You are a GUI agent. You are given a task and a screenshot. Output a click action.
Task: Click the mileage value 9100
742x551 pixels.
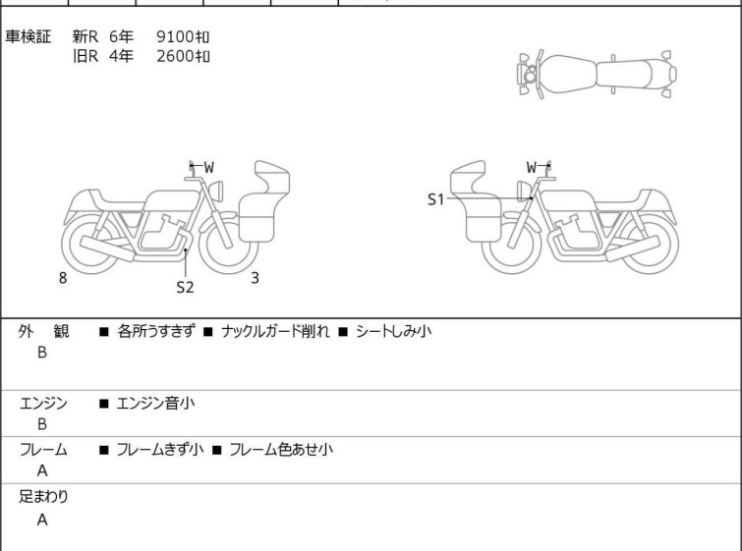click(175, 37)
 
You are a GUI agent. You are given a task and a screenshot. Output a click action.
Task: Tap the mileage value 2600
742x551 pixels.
click(175, 56)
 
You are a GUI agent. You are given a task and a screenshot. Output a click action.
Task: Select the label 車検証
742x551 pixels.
click(28, 37)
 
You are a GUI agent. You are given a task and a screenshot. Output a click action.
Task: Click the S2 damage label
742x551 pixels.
click(185, 287)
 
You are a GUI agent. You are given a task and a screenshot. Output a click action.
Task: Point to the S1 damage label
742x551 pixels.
click(435, 199)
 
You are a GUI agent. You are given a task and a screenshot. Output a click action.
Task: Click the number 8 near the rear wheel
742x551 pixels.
click(63, 278)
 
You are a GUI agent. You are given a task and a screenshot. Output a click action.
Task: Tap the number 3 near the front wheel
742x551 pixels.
click(256, 278)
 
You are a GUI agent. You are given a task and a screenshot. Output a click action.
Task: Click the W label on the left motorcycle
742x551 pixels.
click(208, 167)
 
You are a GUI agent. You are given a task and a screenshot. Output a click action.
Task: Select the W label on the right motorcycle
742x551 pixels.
click(532, 167)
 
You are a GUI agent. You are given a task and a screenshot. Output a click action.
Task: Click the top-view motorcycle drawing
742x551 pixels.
click(597, 75)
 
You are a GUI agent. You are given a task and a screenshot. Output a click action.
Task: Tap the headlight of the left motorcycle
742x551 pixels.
click(216, 191)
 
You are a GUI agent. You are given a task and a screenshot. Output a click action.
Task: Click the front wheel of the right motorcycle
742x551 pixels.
click(512, 244)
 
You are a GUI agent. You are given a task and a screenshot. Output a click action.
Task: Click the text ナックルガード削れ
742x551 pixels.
click(275, 331)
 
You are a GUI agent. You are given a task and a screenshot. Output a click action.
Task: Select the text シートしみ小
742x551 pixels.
click(394, 331)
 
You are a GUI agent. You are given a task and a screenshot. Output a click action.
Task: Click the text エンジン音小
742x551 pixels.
click(155, 404)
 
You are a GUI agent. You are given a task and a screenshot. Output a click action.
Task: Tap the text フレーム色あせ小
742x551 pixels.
click(281, 449)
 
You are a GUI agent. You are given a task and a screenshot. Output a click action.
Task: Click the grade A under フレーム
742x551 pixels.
click(42, 471)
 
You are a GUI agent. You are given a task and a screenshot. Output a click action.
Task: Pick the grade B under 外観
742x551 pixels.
click(42, 353)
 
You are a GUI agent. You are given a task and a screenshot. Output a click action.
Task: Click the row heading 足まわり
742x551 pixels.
click(43, 497)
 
